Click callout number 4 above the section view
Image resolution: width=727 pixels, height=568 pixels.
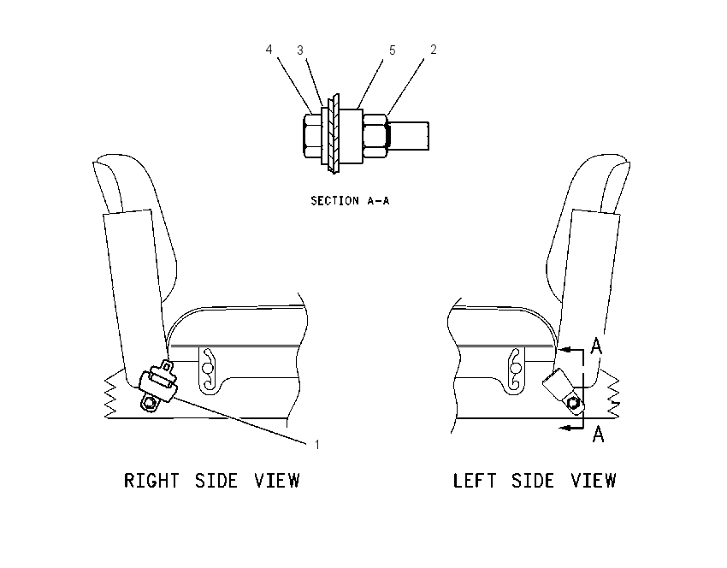pyautogui.click(x=269, y=49)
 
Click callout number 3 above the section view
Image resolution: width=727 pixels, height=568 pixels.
pyautogui.click(x=300, y=50)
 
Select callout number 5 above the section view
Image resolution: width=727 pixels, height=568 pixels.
pyautogui.click(x=393, y=50)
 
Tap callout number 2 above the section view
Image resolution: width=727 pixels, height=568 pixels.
pyautogui.click(x=434, y=49)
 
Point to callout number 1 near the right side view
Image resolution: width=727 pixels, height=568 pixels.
pyautogui.click(x=317, y=445)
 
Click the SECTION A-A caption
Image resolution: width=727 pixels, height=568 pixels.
pyautogui.click(x=350, y=201)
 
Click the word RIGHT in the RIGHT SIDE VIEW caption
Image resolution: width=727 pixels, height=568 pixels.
pyautogui.click(x=151, y=481)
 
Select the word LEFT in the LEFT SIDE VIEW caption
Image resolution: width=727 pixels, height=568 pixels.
pyautogui.click(x=475, y=481)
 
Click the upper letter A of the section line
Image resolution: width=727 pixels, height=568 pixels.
pyautogui.click(x=597, y=346)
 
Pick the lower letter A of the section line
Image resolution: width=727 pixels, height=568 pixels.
pyautogui.click(x=599, y=434)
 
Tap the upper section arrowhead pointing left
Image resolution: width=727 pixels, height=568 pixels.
pyautogui.click(x=564, y=350)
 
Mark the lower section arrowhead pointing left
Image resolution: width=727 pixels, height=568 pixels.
pyautogui.click(x=564, y=427)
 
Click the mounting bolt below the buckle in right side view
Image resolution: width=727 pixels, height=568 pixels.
pyautogui.click(x=150, y=404)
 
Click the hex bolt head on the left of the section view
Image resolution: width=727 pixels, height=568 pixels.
pyautogui.click(x=312, y=135)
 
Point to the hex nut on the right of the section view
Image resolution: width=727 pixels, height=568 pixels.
pyautogui.click(x=375, y=135)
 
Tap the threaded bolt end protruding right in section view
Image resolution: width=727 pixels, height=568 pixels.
pyautogui.click(x=409, y=135)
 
